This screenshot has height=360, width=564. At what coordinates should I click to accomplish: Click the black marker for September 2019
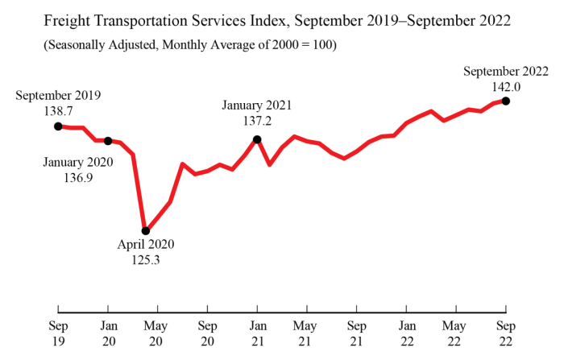coord(58,126)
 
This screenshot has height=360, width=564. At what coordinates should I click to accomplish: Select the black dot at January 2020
coord(108,141)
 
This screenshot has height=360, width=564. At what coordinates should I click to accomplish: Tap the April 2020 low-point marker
coord(146,231)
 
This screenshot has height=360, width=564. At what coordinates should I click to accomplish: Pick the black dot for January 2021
coord(257,139)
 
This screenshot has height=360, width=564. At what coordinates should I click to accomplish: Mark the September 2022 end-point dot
coord(506,101)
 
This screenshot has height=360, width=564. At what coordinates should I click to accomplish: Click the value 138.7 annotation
coord(58,111)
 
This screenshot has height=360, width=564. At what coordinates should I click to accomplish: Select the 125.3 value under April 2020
coord(145,259)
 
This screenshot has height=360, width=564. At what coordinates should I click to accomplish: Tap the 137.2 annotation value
coord(257,119)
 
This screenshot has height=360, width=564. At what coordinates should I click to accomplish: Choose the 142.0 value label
coord(505,86)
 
